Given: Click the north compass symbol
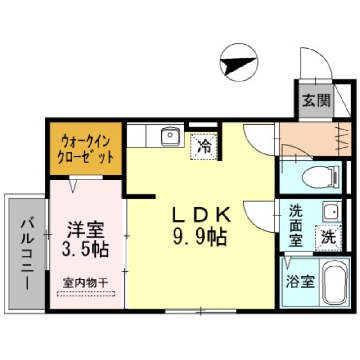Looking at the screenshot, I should [x=239, y=63].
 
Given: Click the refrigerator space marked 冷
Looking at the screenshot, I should [x=205, y=146].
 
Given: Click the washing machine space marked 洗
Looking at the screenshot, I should [x=328, y=236].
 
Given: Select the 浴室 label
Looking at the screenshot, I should [x=299, y=282].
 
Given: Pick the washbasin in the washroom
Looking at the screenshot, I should [x=331, y=210].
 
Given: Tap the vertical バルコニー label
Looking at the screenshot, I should [x=26, y=252].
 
